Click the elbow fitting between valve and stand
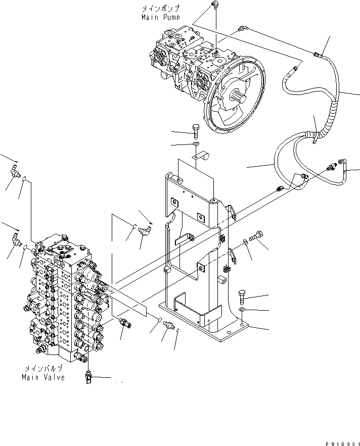(145, 231)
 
